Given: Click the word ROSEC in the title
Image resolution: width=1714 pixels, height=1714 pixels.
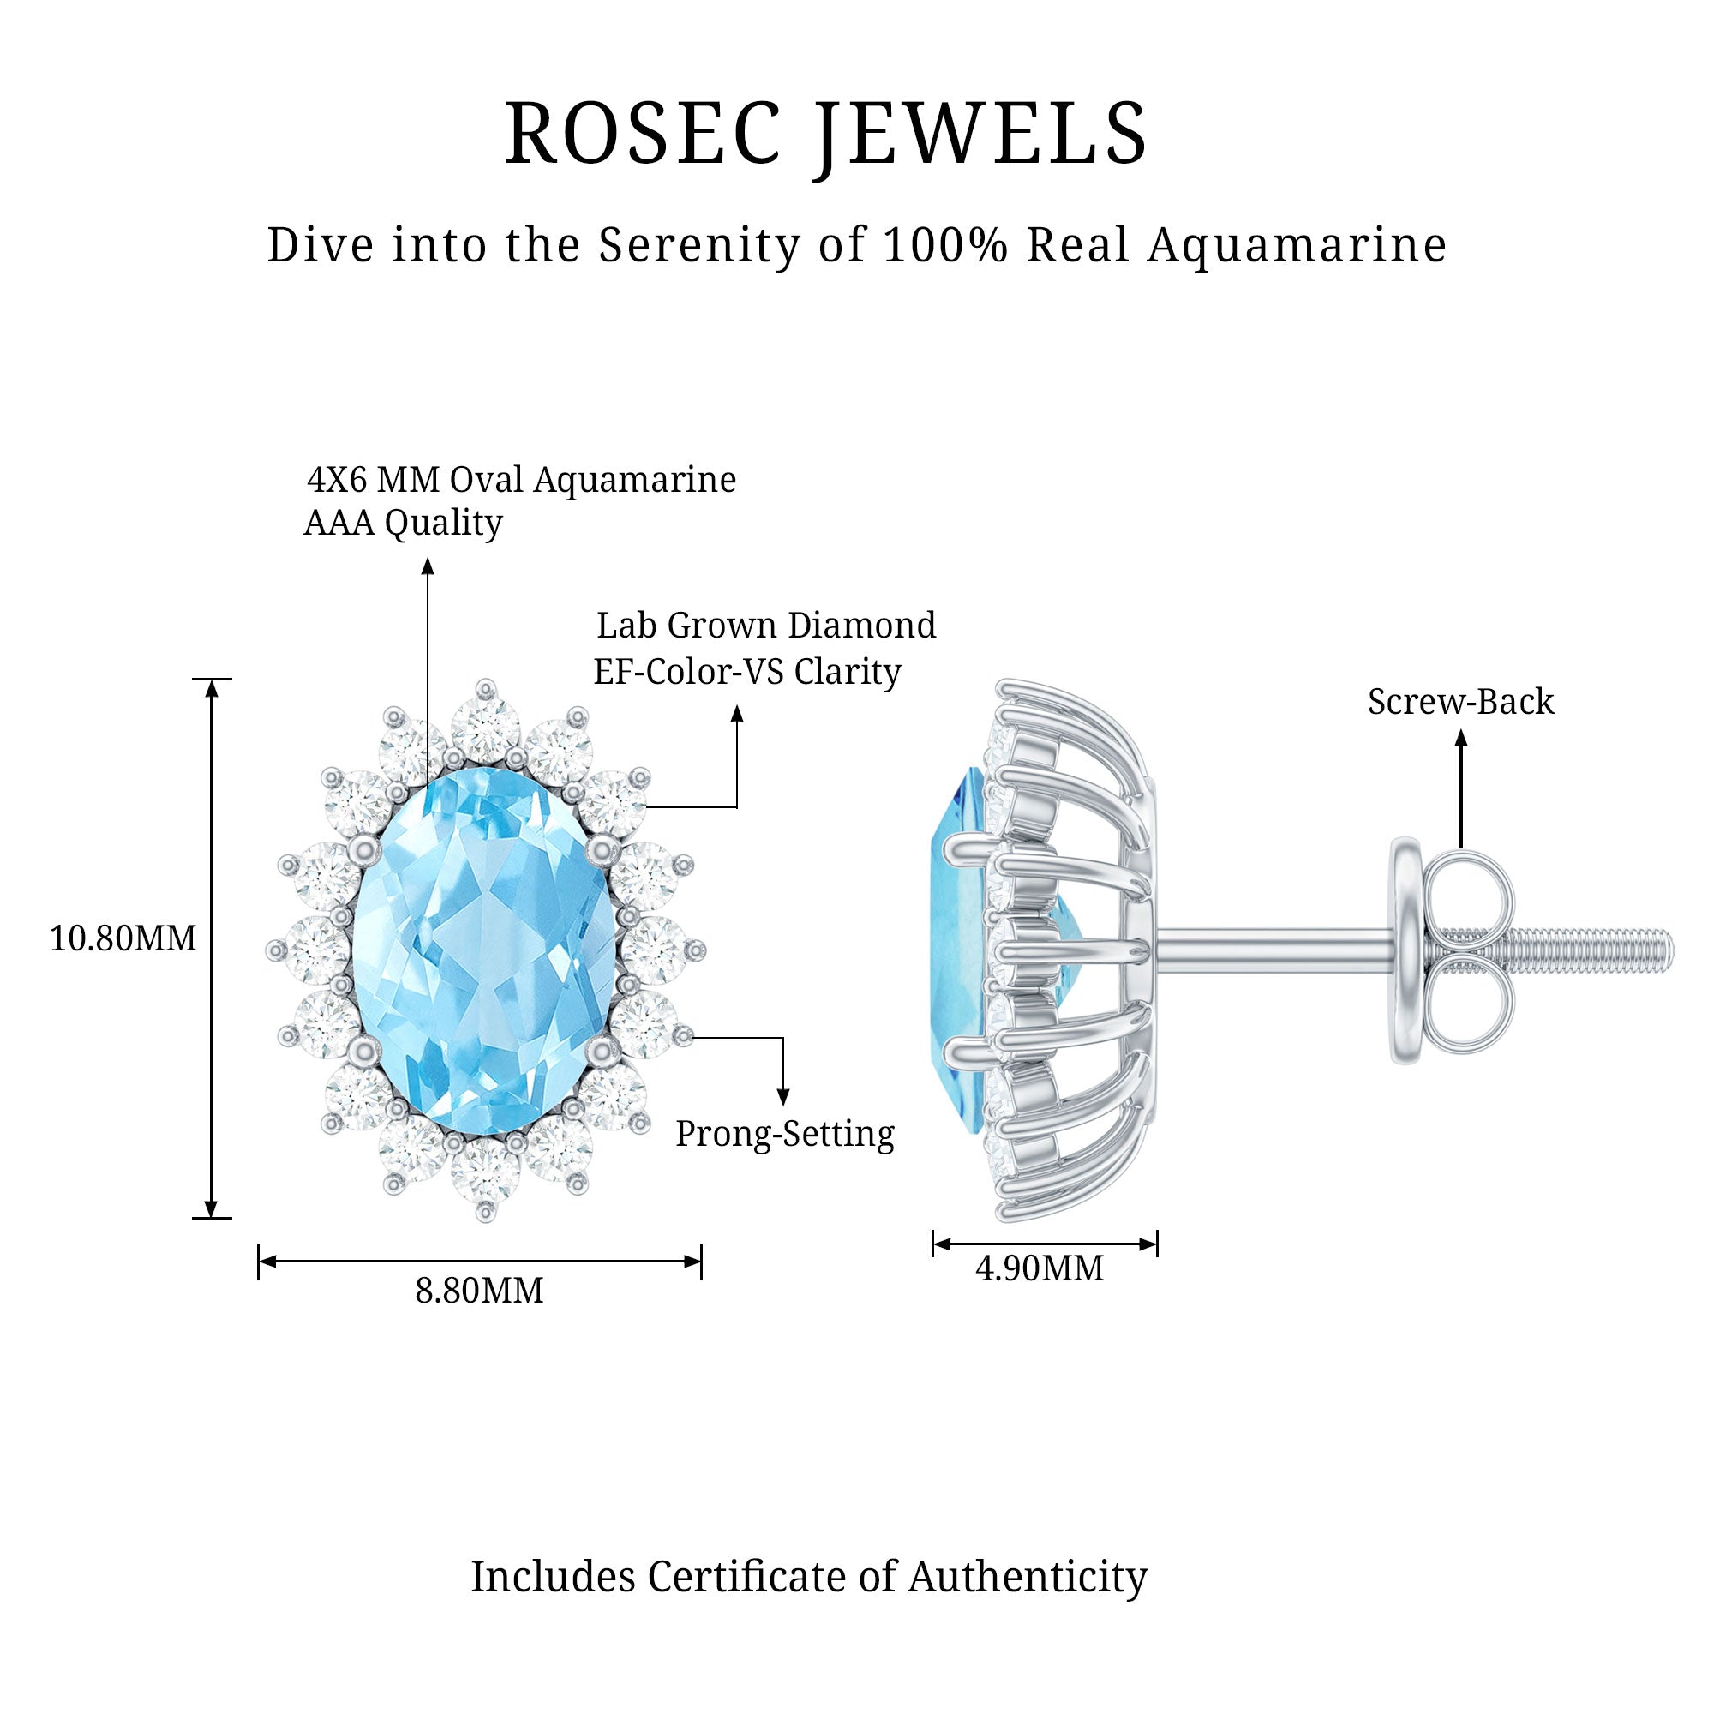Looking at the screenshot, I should coord(642,135).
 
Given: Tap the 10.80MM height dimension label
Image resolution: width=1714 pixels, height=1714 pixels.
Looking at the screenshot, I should coord(123,938).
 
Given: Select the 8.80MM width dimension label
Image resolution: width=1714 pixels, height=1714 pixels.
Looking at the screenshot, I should coord(479,1291).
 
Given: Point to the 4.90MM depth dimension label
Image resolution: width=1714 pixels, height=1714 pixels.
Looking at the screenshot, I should coord(1040,1268).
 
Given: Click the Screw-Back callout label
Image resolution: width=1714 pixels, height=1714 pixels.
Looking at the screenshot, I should coord(1460,702).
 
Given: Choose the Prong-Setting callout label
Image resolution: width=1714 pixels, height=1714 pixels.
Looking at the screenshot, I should coord(785,1134).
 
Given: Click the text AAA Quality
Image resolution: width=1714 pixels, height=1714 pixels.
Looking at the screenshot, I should coord(404,524).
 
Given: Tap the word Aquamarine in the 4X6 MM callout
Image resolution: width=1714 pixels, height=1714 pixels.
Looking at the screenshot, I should coord(634,480).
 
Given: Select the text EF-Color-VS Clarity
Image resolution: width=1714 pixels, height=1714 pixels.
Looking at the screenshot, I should coord(747,672).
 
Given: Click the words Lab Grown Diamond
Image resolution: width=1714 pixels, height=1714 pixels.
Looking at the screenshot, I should coord(765,626).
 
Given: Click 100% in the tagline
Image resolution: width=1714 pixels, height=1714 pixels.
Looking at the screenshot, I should coord(946,246).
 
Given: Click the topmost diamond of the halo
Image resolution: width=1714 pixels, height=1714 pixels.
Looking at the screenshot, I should coord(485,729).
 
